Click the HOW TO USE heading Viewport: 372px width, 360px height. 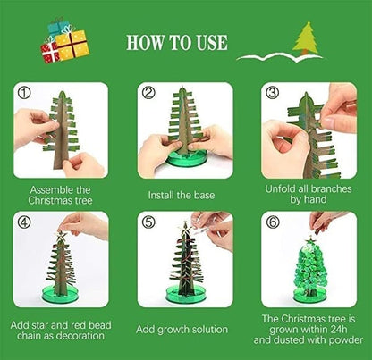coord(176,42)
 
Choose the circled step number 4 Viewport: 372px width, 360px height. coord(23,221)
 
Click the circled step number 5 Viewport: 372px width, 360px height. coord(148,221)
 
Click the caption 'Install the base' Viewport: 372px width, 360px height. coord(185,194)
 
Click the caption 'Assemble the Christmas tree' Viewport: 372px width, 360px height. coord(61,195)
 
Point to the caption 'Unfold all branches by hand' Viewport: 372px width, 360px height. coord(309,195)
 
